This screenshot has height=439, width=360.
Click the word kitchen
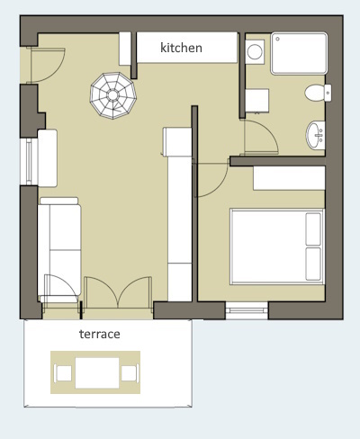(x=181, y=48)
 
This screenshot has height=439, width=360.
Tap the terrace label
(x=100, y=334)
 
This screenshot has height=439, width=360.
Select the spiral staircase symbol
(x=113, y=95)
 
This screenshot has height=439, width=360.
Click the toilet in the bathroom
(x=318, y=93)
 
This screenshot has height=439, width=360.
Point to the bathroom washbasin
(x=316, y=135)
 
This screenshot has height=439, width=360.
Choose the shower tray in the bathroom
(x=299, y=53)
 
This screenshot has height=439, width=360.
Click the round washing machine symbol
(x=255, y=52)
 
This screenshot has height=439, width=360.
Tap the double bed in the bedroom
(x=277, y=246)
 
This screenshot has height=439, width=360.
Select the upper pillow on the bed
(x=313, y=228)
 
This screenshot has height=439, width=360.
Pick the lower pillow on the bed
(x=313, y=264)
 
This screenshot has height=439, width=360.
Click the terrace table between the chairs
(x=97, y=372)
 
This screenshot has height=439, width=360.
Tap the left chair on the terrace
(x=63, y=373)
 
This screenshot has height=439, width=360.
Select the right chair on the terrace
(x=130, y=373)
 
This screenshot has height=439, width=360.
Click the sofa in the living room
(x=59, y=249)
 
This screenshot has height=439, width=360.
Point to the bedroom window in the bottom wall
(x=247, y=310)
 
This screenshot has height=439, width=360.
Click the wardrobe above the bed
(x=289, y=178)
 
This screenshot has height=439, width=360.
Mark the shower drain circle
(x=278, y=39)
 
